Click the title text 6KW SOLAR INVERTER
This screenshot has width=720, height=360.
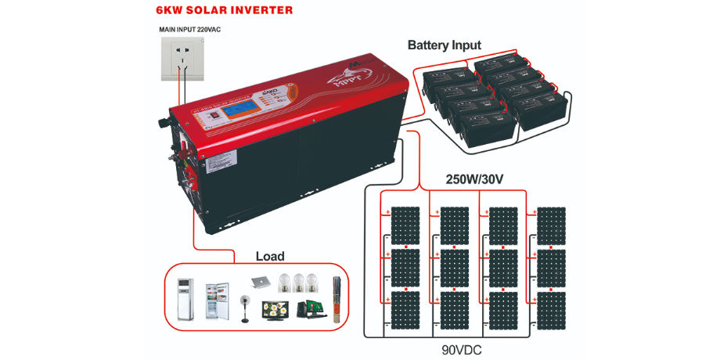[214, 10]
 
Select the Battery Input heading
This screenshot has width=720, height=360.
[445, 45]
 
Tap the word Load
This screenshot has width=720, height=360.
[270, 256]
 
